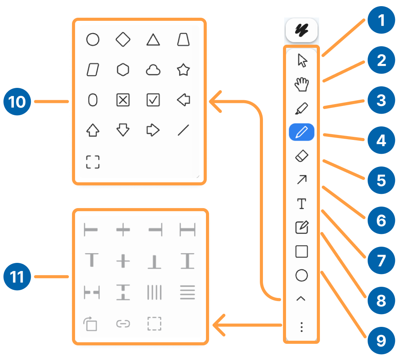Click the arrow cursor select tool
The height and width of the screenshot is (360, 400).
point(303,61)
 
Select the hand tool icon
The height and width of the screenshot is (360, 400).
point(302,84)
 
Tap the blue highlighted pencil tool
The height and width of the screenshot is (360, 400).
point(302,133)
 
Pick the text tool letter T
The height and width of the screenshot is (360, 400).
point(302,204)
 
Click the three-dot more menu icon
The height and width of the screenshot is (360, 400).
point(302,328)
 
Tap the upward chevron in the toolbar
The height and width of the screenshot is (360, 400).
point(302,299)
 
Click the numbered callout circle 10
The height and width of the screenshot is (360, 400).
point(17,102)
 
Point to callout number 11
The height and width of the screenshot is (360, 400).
point(17,277)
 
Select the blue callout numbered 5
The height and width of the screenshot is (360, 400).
point(381,180)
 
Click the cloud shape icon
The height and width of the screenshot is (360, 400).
point(153,70)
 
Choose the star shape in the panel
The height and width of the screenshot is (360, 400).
point(183,70)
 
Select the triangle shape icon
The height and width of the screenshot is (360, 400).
point(153,40)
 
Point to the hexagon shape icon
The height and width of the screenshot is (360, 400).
point(123,70)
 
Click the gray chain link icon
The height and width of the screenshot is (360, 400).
point(123,324)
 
